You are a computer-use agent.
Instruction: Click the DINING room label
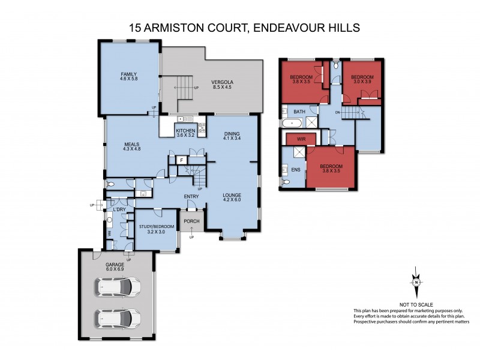232,134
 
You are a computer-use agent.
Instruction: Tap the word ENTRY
191,196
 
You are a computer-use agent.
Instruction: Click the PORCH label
191,221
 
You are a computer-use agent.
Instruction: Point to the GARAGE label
115,264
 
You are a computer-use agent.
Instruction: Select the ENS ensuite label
295,170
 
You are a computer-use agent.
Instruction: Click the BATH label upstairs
299,112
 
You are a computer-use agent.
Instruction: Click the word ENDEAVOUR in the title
290,27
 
